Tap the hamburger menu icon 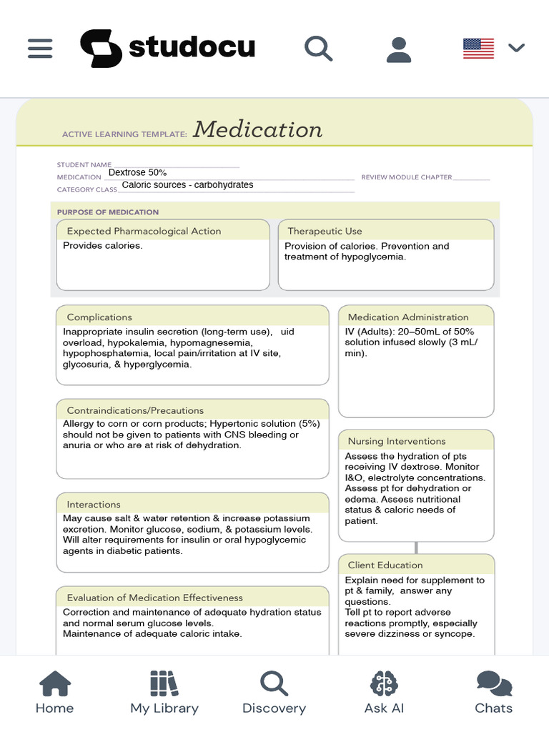(40, 48)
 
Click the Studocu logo (167, 48)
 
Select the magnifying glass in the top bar (318, 48)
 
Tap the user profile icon (398, 49)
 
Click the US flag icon (478, 48)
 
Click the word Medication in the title (257, 129)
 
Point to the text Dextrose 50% (137, 172)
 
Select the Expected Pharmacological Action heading (144, 231)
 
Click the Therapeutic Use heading (325, 231)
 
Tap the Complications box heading (99, 317)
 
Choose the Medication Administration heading (408, 317)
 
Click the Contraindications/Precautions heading (135, 410)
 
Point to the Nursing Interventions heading (397, 441)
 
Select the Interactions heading (94, 504)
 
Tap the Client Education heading (385, 565)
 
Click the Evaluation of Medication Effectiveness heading (154, 598)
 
